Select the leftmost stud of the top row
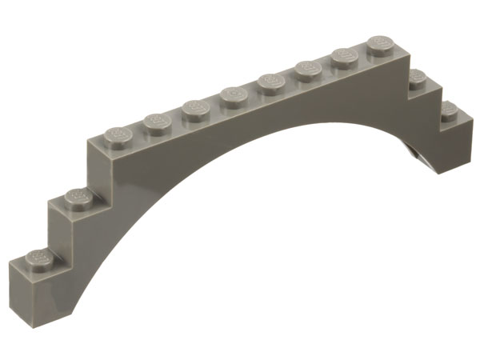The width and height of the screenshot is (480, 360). coord(117,135)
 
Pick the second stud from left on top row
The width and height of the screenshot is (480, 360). coord(154,121)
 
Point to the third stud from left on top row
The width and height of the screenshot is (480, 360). coord(194,106)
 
